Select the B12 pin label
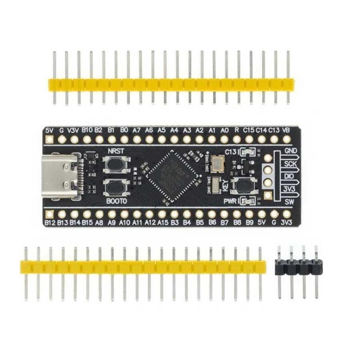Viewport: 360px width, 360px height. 49,222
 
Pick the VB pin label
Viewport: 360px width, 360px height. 285,130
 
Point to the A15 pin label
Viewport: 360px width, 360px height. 163,222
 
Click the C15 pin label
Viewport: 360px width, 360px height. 249,130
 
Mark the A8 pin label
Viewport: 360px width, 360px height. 99,222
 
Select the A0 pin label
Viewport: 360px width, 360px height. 224,130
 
